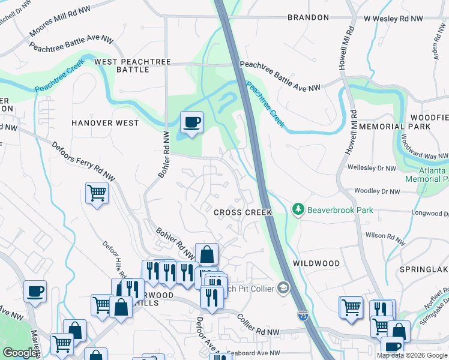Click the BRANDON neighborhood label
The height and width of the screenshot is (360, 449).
tap(308, 18)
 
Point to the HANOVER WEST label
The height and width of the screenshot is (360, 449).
tap(105, 123)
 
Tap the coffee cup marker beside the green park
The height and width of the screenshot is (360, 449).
tap(191, 123)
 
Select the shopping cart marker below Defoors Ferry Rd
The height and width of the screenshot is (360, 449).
tap(97, 193)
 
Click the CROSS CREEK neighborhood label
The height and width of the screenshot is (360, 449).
tap(243, 213)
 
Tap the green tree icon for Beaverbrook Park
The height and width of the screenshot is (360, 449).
tap(298, 209)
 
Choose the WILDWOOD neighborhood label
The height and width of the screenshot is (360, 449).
tap(316, 263)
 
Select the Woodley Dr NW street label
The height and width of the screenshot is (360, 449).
tap(377, 191)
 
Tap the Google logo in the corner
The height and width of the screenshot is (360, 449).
tap(20, 353)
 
